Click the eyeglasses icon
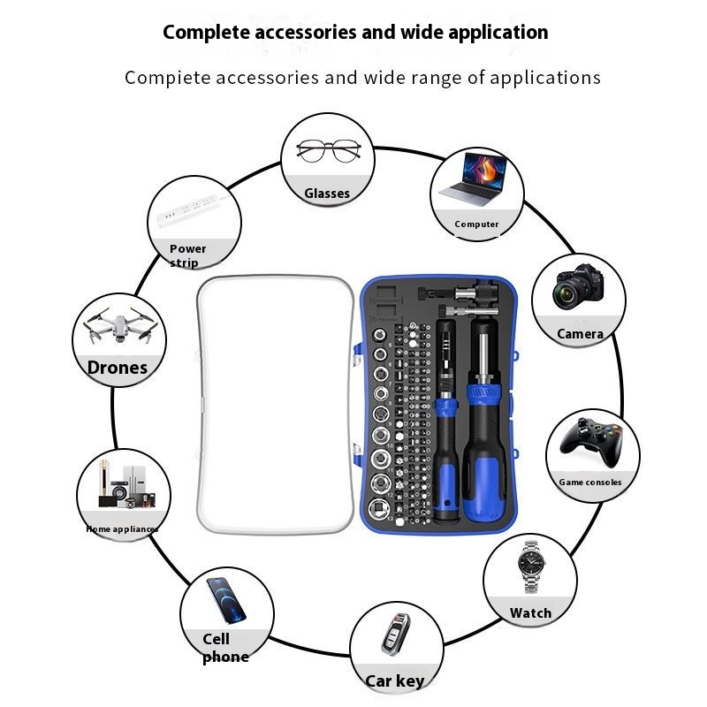pyautogui.click(x=328, y=151)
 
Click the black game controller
pyautogui.click(x=593, y=438)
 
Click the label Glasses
pyautogui.click(x=327, y=194)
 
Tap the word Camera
pyautogui.click(x=580, y=334)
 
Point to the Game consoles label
pyautogui.click(x=590, y=483)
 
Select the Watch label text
pyautogui.click(x=530, y=612)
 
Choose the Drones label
pyautogui.click(x=118, y=368)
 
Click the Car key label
pyautogui.click(x=395, y=680)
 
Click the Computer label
pyautogui.click(x=477, y=224)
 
